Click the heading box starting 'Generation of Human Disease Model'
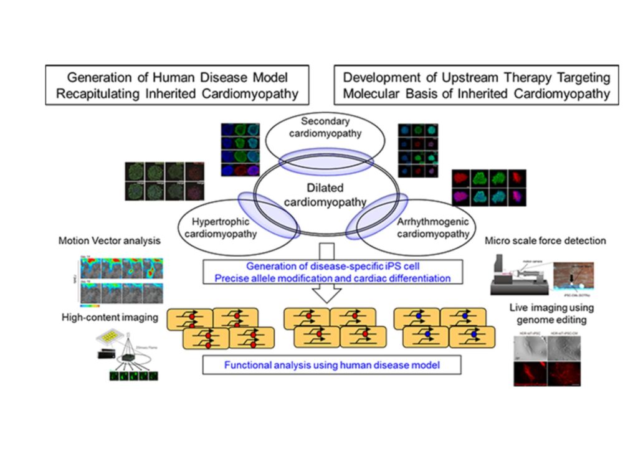click(x=177, y=85)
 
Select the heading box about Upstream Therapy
click(x=476, y=85)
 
